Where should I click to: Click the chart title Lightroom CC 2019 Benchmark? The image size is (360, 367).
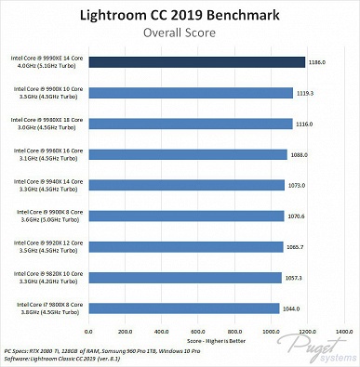[180, 15]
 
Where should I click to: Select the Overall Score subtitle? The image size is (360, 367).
[180, 33]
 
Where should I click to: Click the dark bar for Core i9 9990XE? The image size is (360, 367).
[196, 62]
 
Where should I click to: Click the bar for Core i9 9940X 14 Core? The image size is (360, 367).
[186, 185]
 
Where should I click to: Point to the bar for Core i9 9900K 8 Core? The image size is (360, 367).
[185, 216]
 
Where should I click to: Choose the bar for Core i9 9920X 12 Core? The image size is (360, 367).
[185, 246]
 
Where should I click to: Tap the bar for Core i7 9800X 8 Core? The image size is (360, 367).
[183, 308]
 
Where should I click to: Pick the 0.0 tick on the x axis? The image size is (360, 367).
[88, 331]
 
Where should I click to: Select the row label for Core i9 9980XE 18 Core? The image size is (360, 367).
[47, 124]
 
